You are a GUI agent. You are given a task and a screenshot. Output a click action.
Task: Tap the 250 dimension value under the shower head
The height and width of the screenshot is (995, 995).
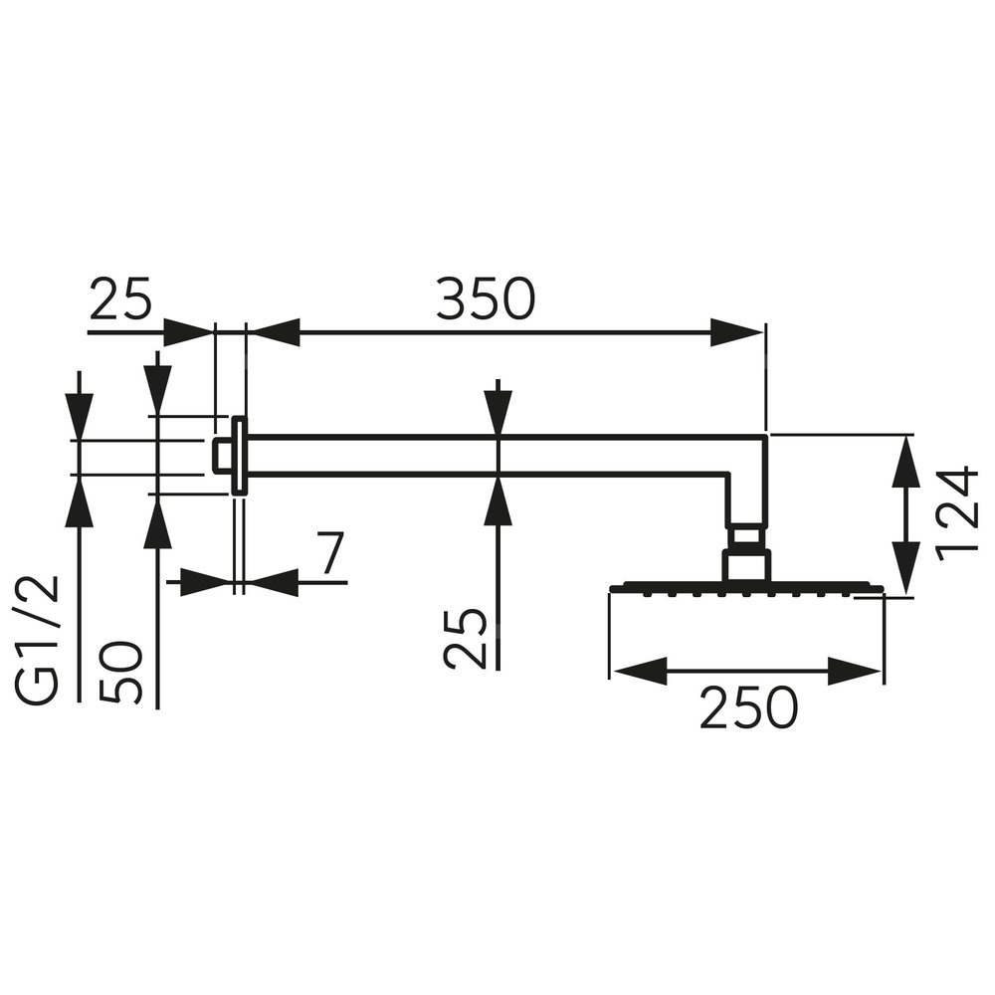(748, 708)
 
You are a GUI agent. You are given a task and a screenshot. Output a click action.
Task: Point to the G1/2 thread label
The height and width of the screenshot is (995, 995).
(43, 640)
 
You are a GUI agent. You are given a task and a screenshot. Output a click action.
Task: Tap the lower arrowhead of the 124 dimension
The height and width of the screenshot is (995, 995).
(904, 573)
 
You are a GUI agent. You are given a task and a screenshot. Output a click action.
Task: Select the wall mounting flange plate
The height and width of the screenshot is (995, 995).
(240, 455)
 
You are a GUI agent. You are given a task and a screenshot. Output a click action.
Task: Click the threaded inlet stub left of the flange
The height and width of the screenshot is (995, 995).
(223, 455)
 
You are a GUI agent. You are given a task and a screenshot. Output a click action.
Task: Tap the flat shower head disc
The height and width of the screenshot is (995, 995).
(746, 587)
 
